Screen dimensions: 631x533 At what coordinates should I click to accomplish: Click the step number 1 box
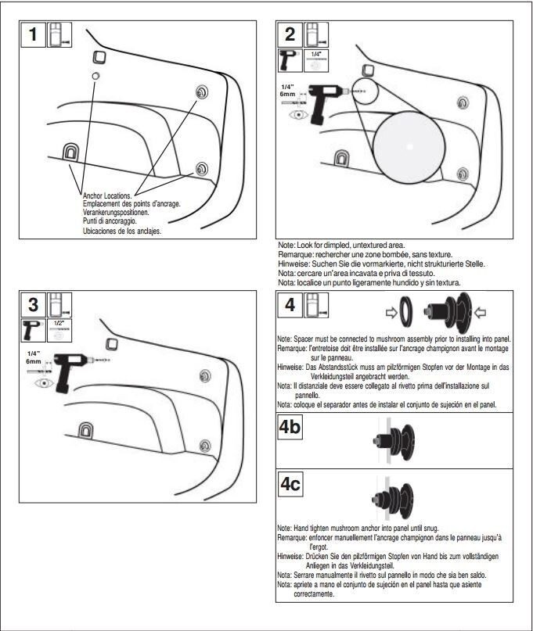[32, 37]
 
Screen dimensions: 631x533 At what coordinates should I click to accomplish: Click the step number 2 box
[290, 36]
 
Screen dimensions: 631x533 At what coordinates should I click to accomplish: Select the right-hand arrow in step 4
[480, 312]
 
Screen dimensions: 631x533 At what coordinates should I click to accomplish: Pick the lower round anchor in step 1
[202, 170]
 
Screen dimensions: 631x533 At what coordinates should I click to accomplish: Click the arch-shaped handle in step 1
[71, 151]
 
